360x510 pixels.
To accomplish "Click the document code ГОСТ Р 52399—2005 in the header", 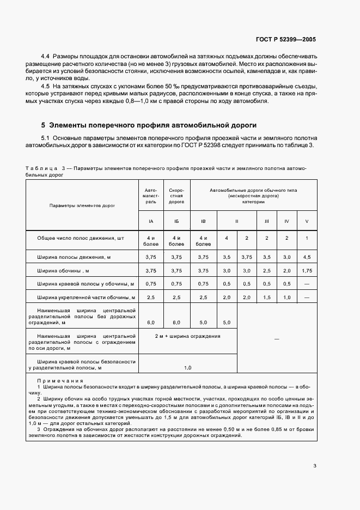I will coord(285,40).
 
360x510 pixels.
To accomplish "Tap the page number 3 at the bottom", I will coord(315,465).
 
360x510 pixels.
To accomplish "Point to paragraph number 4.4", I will coord(45,57).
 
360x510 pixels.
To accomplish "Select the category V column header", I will coord(307,221).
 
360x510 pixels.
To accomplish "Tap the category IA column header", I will coord(150,221).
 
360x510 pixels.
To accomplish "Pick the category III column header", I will coord(267,221).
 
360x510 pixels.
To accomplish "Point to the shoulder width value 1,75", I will coord(307,270).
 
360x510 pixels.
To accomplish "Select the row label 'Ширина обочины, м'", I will coord(63,270).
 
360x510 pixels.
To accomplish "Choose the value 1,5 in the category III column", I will coord(267,297).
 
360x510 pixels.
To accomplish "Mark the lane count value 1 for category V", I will coord(307,238).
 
